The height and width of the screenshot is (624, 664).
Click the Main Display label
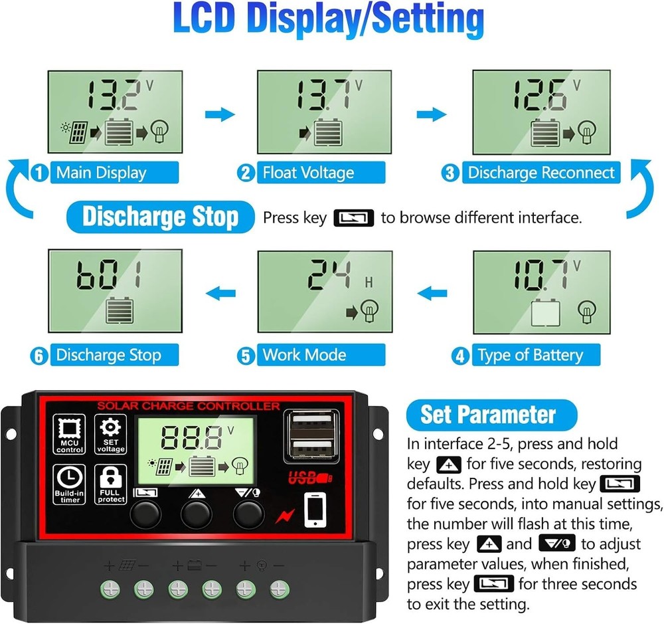coord(100,173)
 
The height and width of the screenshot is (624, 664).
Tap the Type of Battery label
coord(529,356)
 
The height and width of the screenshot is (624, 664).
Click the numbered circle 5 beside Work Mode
coord(247,356)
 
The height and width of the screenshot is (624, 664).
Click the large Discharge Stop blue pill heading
coord(160,217)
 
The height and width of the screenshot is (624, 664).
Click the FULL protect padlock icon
coord(110,484)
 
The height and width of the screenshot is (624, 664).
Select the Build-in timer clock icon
coord(70,484)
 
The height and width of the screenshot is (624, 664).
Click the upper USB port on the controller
coord(311,423)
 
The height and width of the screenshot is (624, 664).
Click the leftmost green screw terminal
coord(109,589)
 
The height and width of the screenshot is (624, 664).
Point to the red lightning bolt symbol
coord(284,515)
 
